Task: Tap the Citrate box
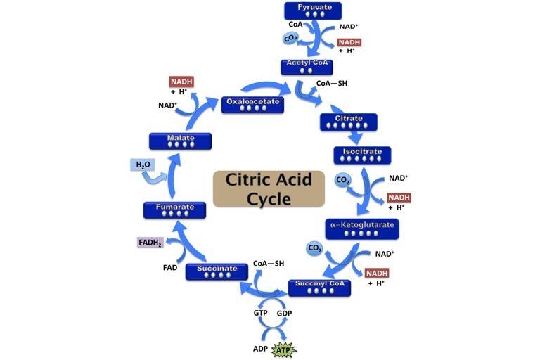pyautogui.click(x=348, y=122)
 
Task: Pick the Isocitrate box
pyautogui.click(x=362, y=155)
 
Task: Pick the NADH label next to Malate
pyautogui.click(x=181, y=82)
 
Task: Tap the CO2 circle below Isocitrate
pyautogui.click(x=343, y=180)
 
